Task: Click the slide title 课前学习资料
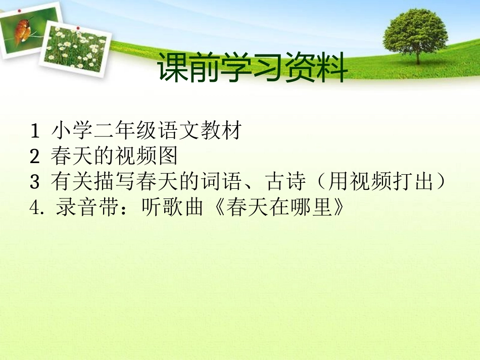[252, 69]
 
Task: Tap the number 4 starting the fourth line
[35, 208]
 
